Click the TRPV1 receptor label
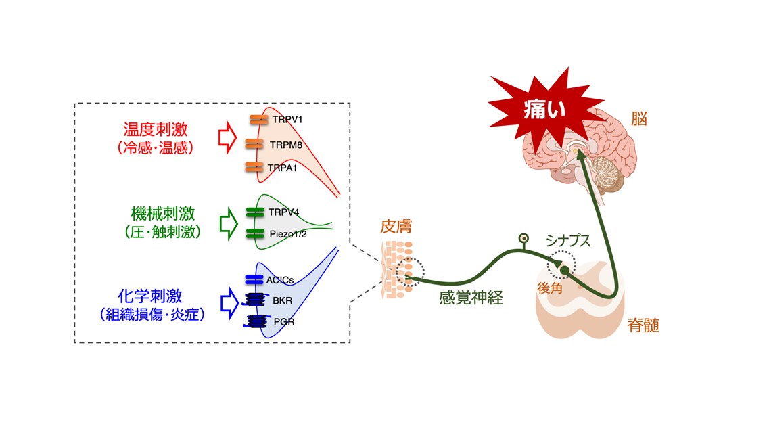pyautogui.click(x=288, y=119)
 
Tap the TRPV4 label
pyautogui.click(x=283, y=212)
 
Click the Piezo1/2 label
pyautogui.click(x=287, y=234)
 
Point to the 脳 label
pyautogui.click(x=639, y=120)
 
